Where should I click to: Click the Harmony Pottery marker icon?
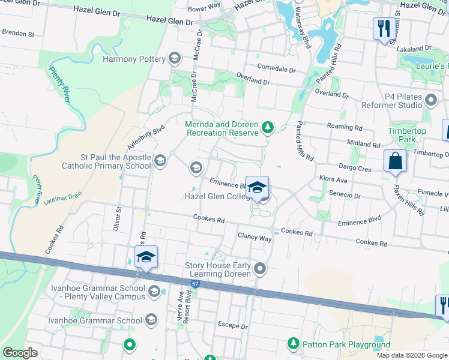coord(175,58)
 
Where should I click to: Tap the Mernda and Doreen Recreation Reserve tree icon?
coord(267,127)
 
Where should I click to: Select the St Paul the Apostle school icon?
coord(160,160)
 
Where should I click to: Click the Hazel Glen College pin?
coord(257,188)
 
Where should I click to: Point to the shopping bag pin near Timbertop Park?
coord(396,161)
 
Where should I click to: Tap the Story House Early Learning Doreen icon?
coord(260,268)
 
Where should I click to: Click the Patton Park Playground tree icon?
coord(294,344)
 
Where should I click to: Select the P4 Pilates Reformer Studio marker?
coord(430,100)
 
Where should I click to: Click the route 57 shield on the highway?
coord(194,283)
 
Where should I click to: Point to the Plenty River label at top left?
coord(60,86)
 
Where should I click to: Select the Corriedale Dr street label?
coord(277,70)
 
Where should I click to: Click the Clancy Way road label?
coord(255,237)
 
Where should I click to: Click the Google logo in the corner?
coord(20,353)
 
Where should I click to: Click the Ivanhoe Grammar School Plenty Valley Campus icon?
coord(154,292)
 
